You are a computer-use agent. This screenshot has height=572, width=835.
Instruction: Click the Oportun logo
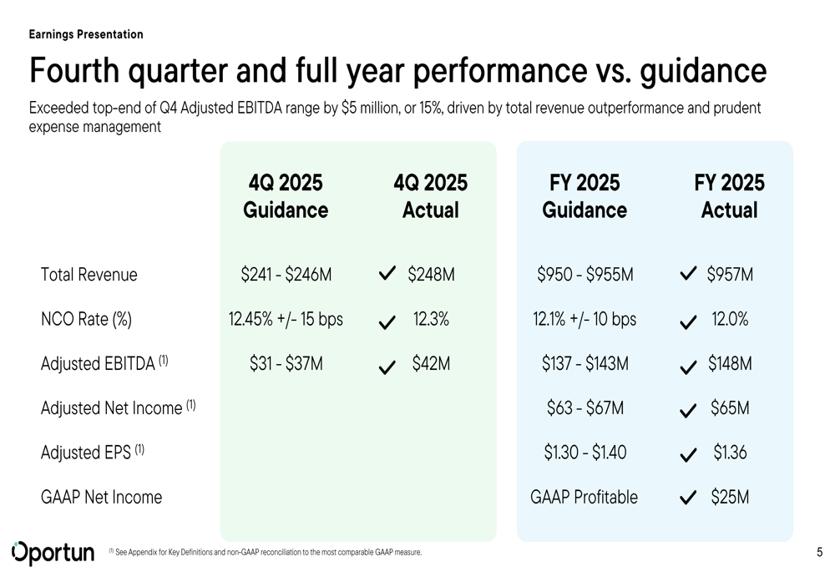(x=53, y=552)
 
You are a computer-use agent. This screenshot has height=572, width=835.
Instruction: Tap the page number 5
(x=819, y=552)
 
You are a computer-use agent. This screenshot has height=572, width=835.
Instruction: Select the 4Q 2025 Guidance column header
(x=286, y=196)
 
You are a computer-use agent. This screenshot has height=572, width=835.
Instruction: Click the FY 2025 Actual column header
(x=729, y=196)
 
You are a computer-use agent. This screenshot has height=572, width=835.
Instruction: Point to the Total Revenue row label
(x=89, y=275)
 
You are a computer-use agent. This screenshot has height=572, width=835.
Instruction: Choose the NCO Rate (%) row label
(x=86, y=319)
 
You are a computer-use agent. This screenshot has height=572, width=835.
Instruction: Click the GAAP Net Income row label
(x=101, y=498)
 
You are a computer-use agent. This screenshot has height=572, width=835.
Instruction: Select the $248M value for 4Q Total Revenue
(x=431, y=275)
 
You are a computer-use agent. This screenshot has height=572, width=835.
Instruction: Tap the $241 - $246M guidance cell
(x=286, y=275)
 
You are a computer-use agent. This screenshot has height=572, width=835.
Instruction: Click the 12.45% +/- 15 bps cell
(x=286, y=319)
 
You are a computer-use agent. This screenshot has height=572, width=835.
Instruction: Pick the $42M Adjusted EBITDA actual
(x=431, y=364)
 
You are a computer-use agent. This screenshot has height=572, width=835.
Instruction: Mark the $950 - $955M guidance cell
(x=584, y=275)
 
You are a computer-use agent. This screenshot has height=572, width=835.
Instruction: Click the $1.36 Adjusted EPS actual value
(x=730, y=453)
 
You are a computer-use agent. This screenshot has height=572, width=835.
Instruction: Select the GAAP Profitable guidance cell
(x=584, y=498)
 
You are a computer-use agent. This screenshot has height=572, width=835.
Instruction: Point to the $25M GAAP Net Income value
(x=730, y=498)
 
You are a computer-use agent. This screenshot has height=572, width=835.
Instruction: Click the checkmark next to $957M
(x=688, y=274)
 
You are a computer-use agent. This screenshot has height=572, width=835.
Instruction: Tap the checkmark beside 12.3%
(x=387, y=322)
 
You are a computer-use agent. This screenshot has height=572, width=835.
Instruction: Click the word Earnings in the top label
(x=50, y=34)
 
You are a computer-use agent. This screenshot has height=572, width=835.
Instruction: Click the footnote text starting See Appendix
(x=268, y=552)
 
